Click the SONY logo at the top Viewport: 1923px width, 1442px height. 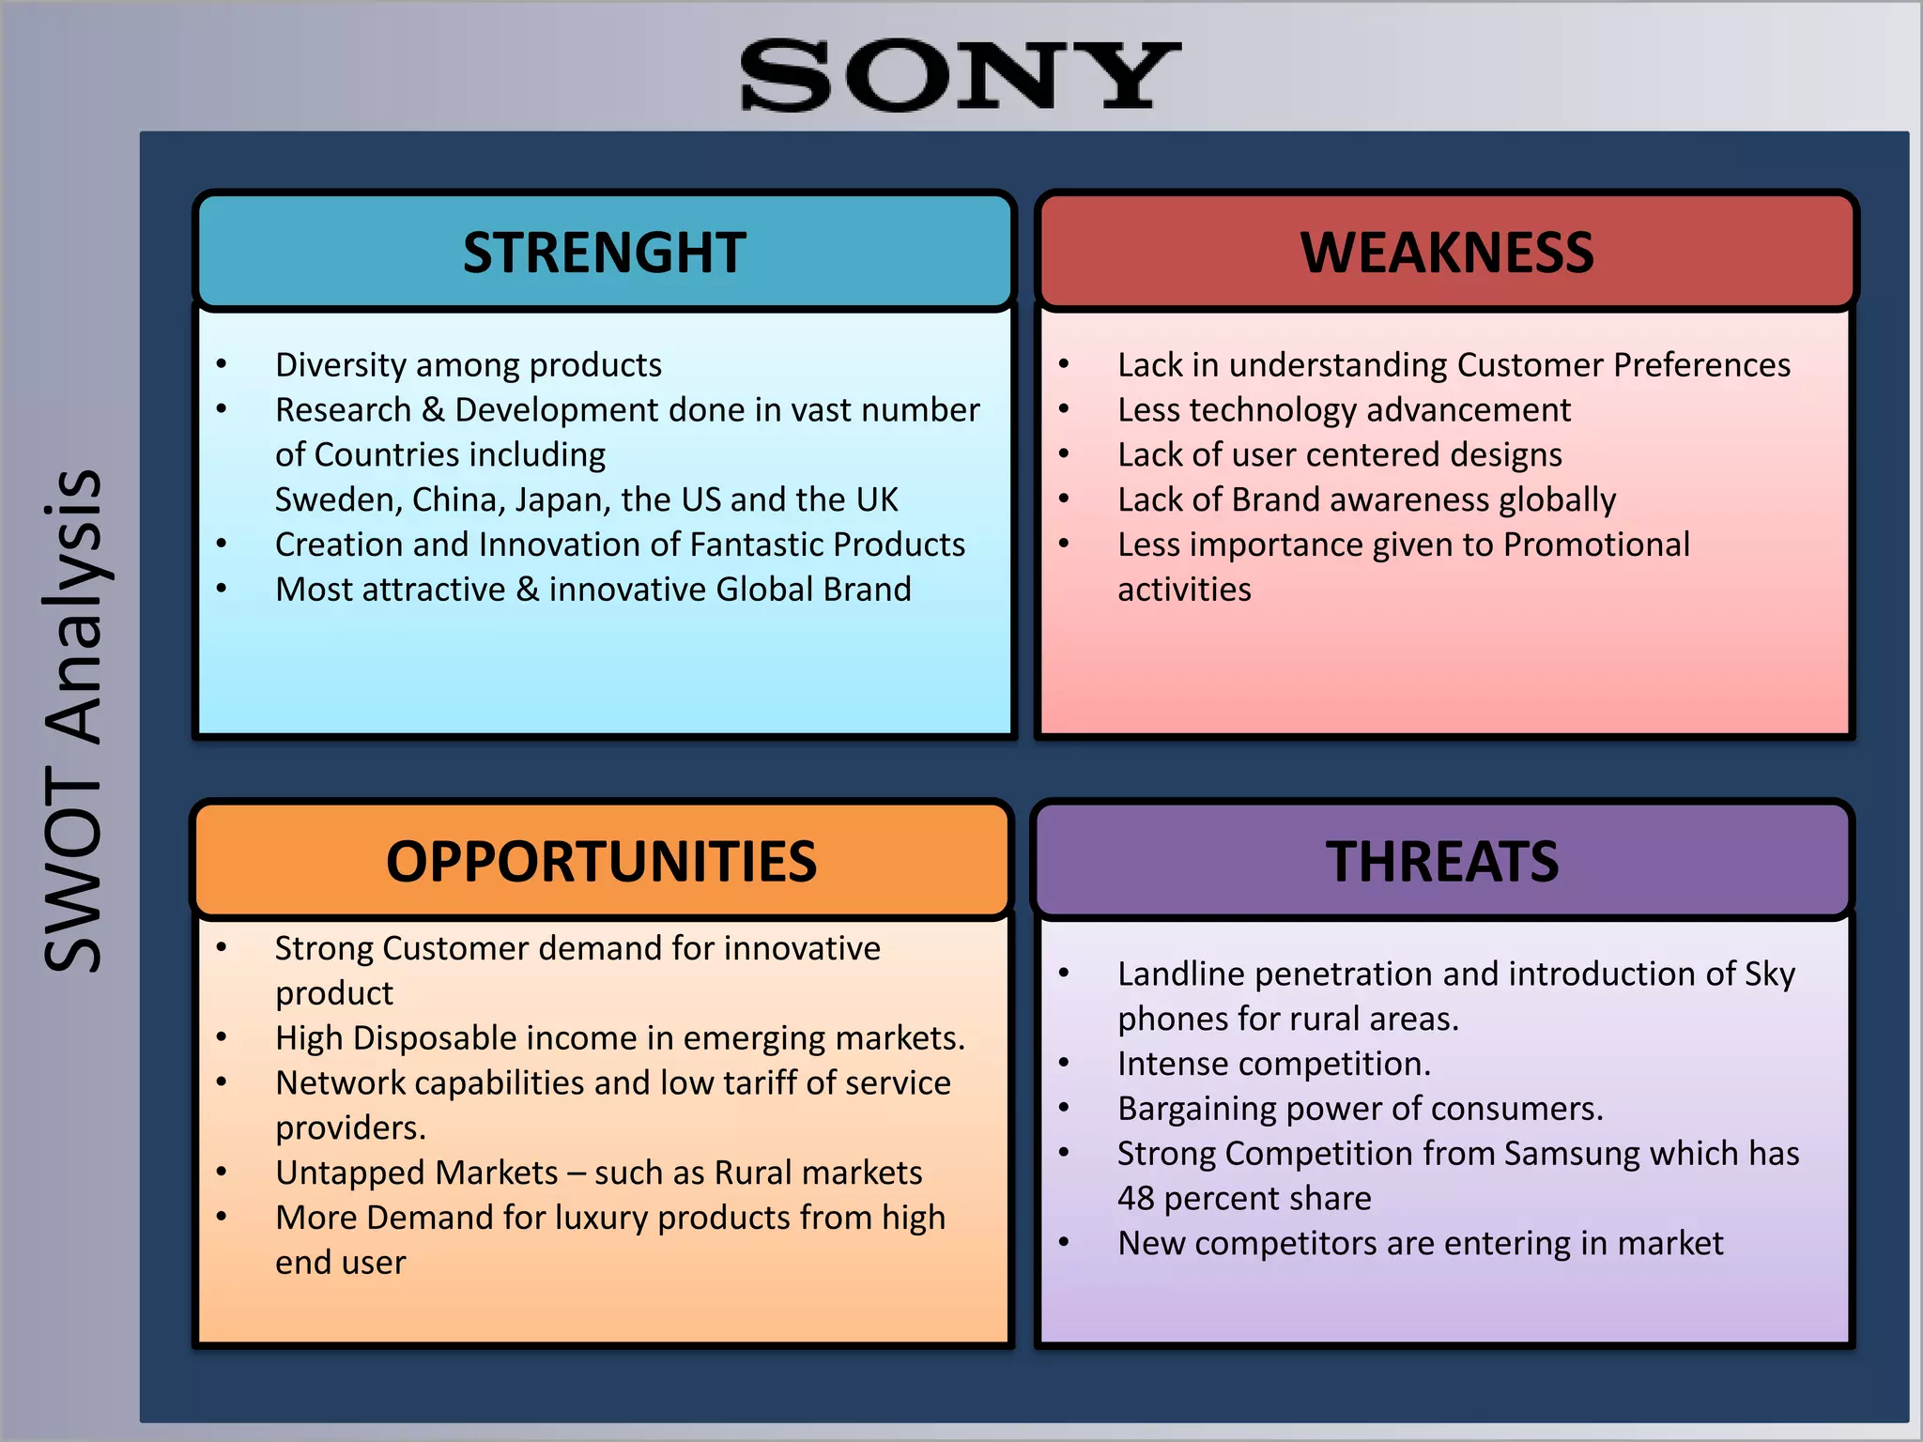click(x=960, y=75)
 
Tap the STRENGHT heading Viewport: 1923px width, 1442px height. click(x=605, y=253)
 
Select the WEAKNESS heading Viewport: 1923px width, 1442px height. click(x=1446, y=253)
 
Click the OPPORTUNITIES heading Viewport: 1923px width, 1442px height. click(x=602, y=862)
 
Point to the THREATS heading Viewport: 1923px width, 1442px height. click(x=1442, y=862)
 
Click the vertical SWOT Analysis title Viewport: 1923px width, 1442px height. click(x=73, y=721)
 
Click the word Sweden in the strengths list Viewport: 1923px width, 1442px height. click(x=337, y=500)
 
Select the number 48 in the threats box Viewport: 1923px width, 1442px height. click(x=1136, y=1199)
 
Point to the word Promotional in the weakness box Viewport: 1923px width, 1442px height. click(x=1596, y=545)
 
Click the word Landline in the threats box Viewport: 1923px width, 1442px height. click(x=1180, y=974)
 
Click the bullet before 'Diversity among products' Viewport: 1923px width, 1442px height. click(x=222, y=364)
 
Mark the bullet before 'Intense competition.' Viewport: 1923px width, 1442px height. click(x=1064, y=1064)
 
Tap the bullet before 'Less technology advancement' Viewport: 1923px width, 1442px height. click(x=1064, y=409)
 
